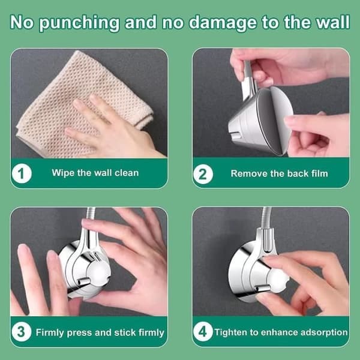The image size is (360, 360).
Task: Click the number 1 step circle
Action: click(22, 173)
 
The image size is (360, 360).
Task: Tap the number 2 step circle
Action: click(203, 174)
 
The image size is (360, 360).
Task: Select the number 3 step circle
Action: click(22, 332)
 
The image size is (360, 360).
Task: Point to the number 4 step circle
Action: click(203, 331)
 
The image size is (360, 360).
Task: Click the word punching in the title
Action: click(79, 23)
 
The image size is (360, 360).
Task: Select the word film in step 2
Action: click(319, 173)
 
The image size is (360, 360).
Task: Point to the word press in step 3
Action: click(79, 332)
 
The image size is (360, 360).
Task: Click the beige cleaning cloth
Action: click(83, 103)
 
